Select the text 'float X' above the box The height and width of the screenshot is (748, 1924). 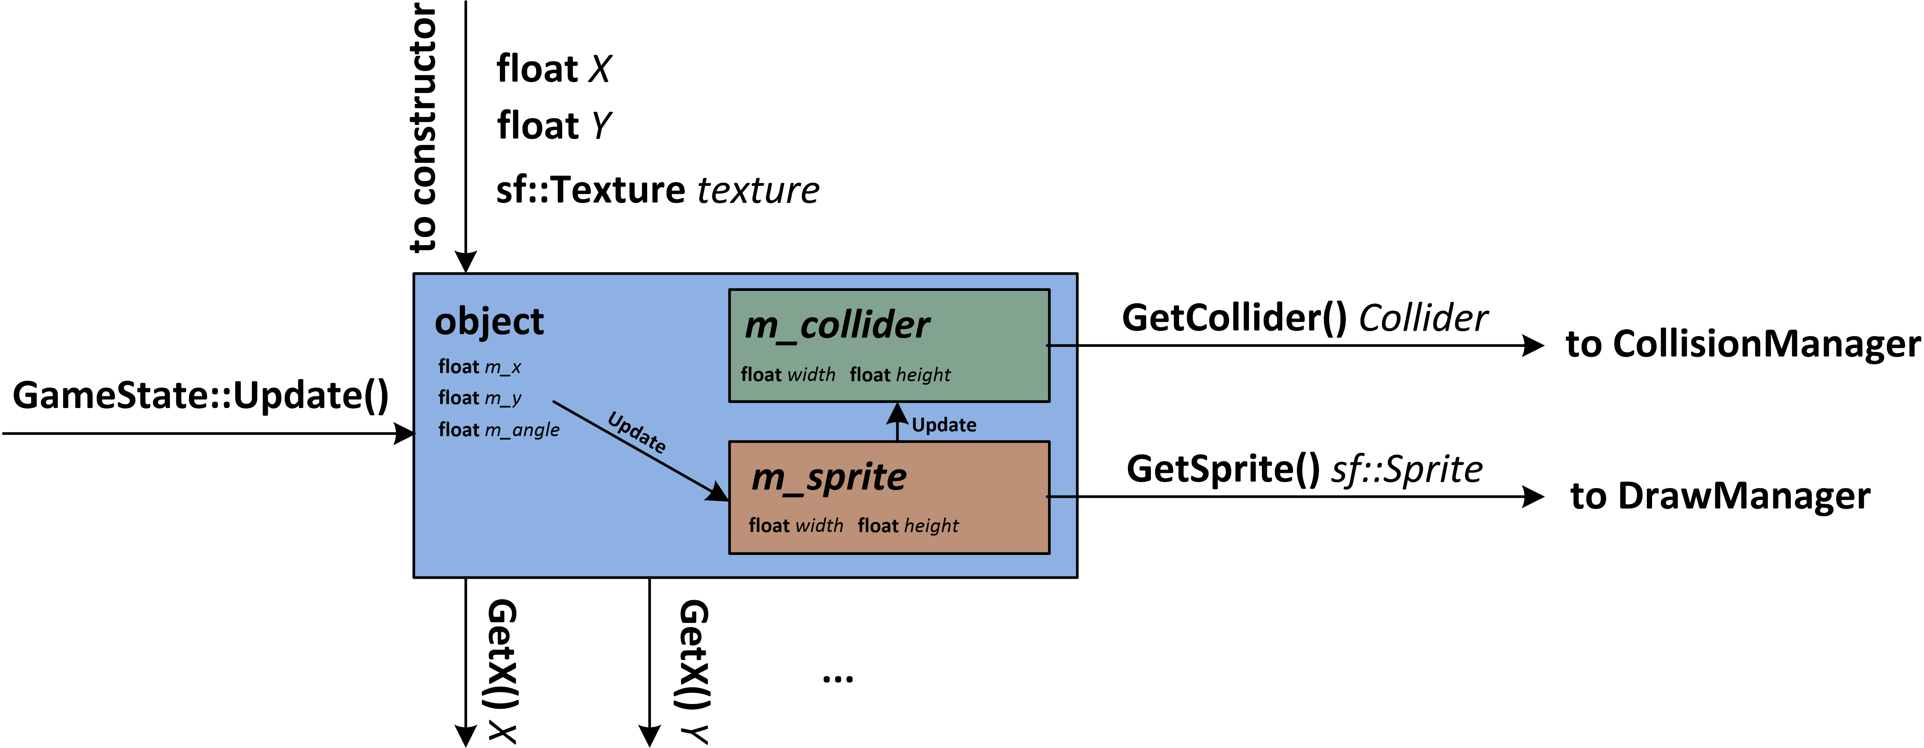(x=553, y=69)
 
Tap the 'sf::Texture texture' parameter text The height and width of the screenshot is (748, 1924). (x=657, y=190)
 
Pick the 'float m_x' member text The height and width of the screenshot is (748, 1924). (x=479, y=367)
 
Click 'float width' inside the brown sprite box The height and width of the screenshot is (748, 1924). (x=795, y=525)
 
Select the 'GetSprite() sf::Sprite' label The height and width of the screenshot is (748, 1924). (x=1304, y=469)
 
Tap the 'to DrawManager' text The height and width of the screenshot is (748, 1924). (x=1720, y=496)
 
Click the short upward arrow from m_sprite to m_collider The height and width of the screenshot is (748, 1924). (x=897, y=421)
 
